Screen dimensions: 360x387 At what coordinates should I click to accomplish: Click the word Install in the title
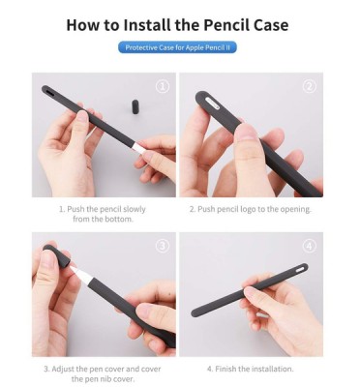pos(147,25)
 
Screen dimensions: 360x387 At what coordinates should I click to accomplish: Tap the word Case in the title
pos(271,25)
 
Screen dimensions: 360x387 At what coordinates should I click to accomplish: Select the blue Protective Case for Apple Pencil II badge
pos(177,47)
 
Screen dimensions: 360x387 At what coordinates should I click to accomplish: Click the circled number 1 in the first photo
pos(163,86)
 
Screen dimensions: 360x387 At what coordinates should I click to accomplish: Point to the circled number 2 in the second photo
pos(310,86)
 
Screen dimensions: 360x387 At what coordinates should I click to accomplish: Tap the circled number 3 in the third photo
pos(163,246)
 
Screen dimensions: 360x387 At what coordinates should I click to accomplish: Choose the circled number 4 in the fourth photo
pos(310,246)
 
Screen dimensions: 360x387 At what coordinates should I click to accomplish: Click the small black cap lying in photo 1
pos(135,106)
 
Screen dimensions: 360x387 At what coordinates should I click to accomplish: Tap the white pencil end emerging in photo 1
pos(139,147)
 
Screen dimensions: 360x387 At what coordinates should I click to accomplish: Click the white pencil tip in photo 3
pos(80,274)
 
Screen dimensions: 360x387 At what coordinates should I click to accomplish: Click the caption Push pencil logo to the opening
pos(251,209)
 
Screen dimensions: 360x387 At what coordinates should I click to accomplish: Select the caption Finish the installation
pos(251,369)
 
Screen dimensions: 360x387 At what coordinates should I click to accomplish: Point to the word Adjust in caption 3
pos(63,369)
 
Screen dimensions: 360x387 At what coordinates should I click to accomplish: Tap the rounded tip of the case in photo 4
pos(195,313)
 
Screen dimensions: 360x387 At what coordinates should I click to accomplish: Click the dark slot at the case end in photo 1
pos(49,91)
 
